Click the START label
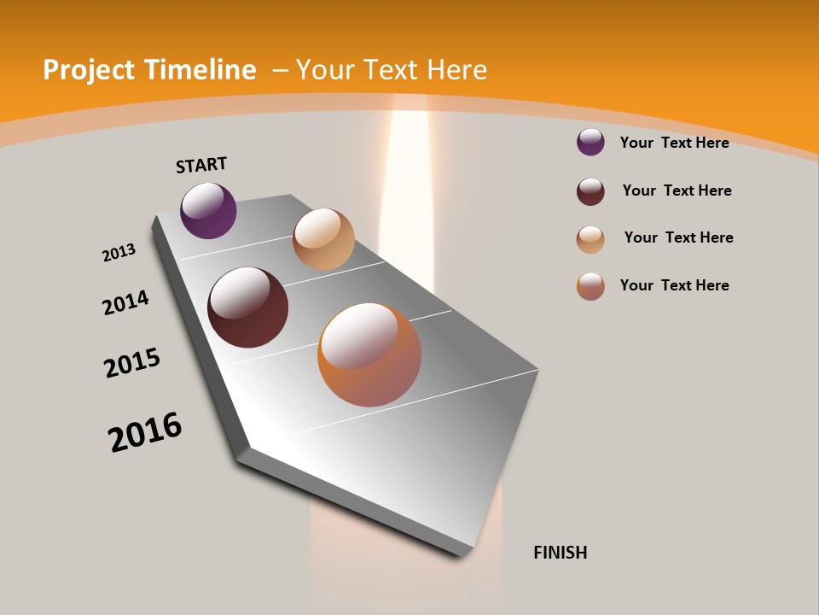click(201, 165)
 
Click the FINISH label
click(560, 553)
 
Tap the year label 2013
click(119, 253)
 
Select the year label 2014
click(125, 302)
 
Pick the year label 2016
click(145, 432)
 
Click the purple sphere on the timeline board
click(208, 211)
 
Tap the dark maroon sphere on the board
click(247, 307)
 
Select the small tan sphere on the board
click(323, 239)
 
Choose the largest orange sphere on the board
click(369, 354)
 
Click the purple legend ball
click(590, 142)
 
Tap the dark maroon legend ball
click(590, 191)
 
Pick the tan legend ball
click(590, 239)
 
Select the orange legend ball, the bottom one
click(590, 286)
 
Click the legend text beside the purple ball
click(674, 143)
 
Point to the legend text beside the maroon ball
click(677, 190)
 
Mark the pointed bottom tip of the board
click(461, 553)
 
